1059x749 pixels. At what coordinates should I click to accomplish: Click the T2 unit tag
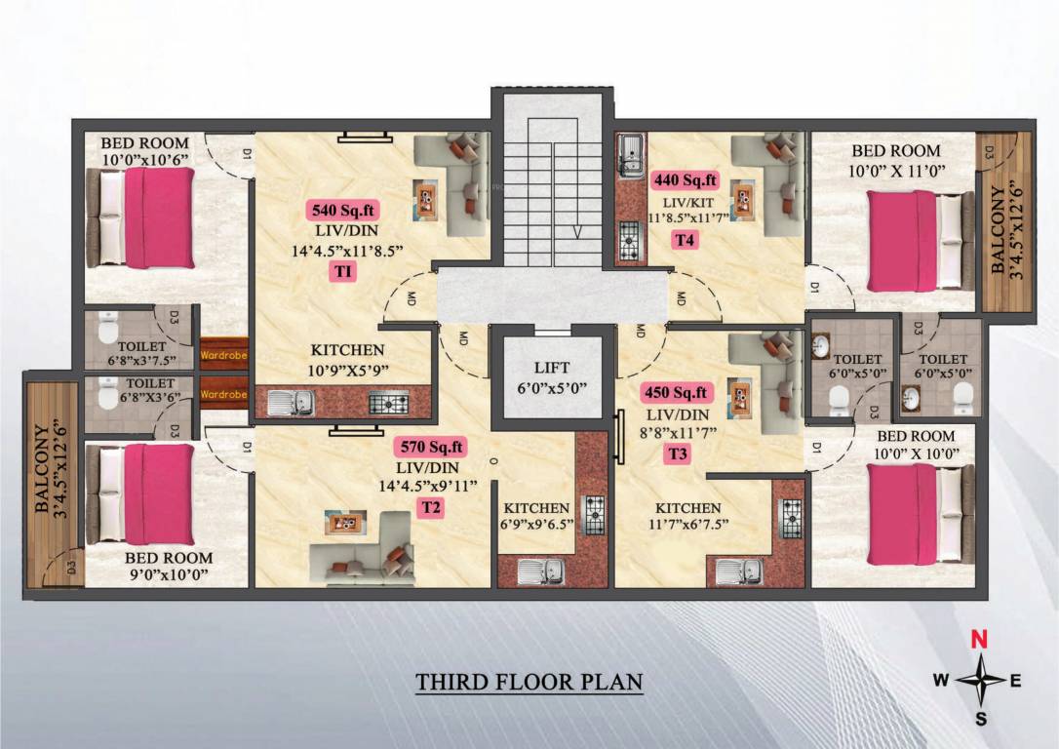pos(430,507)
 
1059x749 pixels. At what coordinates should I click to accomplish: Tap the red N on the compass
pos(983,641)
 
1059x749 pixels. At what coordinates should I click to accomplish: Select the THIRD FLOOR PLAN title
pos(529,681)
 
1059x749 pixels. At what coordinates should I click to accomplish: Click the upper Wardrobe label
pos(224,356)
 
